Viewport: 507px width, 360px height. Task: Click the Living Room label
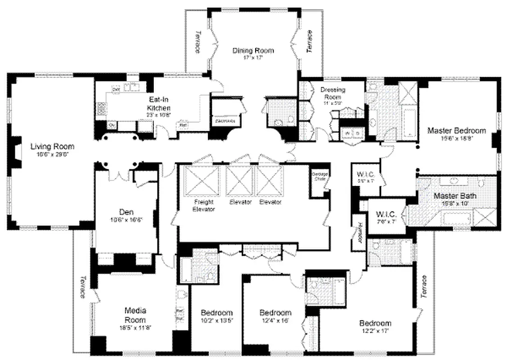52,147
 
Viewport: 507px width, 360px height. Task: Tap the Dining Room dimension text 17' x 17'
253,58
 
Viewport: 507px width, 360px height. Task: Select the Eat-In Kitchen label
159,104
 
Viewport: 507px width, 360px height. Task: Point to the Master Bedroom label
456,131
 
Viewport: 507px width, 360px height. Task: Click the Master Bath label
454,196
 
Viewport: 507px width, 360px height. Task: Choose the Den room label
125,211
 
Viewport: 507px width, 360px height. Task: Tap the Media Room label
135,315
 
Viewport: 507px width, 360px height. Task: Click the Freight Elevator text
204,206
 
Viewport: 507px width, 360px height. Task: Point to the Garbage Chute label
319,176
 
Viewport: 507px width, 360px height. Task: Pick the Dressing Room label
332,93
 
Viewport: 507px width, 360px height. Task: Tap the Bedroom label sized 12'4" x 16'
275,313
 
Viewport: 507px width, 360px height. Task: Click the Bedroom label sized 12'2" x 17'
375,323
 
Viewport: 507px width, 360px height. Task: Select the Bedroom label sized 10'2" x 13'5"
216,313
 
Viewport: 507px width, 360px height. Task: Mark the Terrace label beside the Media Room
82,287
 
